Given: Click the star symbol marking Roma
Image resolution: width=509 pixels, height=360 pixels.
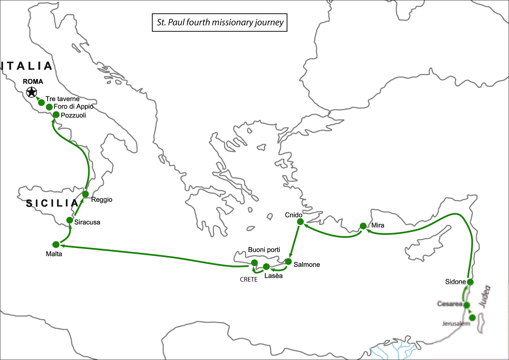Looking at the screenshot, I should point(32,92).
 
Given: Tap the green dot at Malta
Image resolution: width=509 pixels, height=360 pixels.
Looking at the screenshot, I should point(56,244).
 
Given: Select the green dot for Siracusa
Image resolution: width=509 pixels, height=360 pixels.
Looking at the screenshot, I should point(70,220).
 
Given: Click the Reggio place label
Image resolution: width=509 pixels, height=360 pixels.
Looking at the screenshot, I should point(101,200).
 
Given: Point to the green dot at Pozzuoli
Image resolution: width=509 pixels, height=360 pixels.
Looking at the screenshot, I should point(56,115).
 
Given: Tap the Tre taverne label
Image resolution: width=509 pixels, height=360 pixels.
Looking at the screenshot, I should point(62,99).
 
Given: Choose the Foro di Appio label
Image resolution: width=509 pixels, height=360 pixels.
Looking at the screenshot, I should point(73,107).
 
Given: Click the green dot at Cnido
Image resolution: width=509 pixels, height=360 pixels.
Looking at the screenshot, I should point(300,222).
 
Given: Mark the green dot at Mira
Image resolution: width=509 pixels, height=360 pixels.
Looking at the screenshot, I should point(363,226).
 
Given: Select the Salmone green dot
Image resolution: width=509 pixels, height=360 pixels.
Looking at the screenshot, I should point(288,261).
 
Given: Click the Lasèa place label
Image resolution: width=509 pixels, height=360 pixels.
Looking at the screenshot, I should point(274,276).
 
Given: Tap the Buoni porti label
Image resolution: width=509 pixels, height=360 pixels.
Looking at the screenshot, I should point(264,250).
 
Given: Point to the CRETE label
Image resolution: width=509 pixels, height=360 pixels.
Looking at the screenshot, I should point(249,279).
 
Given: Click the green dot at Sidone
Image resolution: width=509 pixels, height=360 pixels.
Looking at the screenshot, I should point(470,282).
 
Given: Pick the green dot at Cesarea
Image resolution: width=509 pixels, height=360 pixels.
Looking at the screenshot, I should point(467,305).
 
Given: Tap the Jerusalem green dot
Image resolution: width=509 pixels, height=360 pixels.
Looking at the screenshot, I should point(472,318).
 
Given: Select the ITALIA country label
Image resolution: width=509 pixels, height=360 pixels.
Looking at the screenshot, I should point(27,66).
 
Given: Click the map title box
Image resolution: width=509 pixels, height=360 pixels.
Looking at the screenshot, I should point(220,22).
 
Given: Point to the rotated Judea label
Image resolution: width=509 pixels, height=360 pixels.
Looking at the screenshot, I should point(485,297).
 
